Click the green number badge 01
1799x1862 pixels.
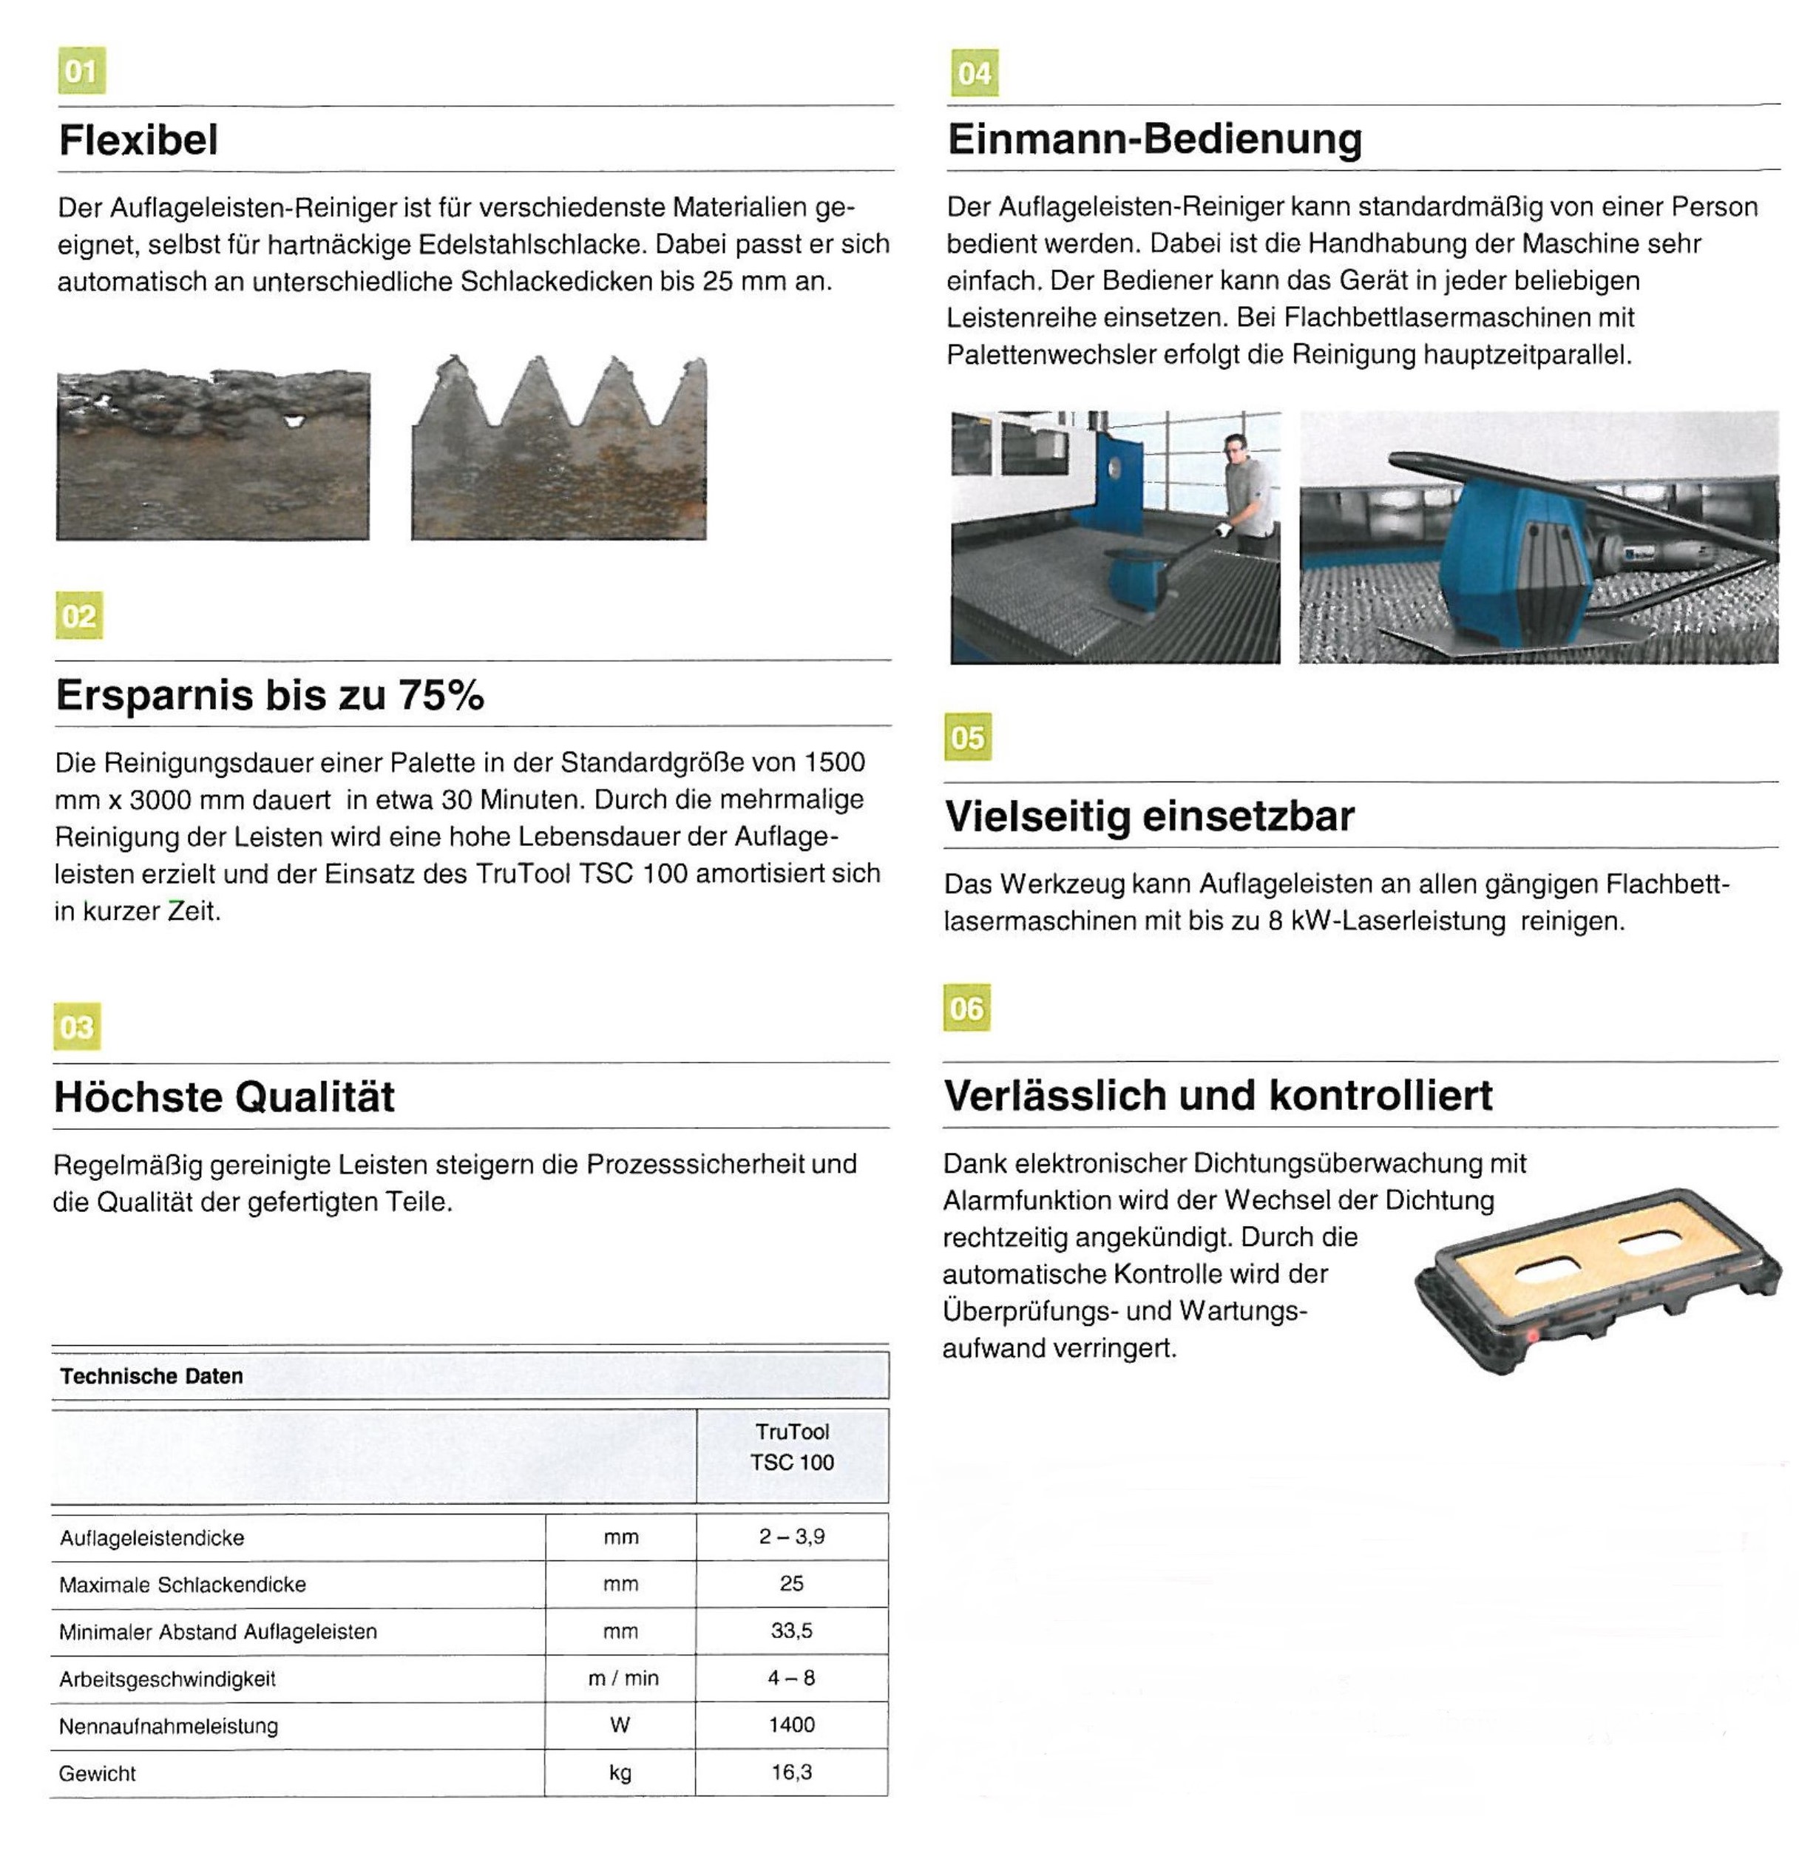(x=81, y=70)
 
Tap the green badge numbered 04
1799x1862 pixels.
(x=974, y=73)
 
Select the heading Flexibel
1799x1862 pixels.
(x=139, y=140)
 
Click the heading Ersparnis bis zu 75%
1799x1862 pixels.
(x=270, y=694)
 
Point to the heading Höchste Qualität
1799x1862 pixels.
(x=224, y=1097)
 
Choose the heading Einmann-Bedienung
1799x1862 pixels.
(x=1154, y=139)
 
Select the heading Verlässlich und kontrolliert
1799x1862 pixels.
(x=1218, y=1094)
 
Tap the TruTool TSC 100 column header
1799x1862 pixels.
(x=792, y=1447)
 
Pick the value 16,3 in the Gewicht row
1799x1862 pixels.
(x=792, y=1772)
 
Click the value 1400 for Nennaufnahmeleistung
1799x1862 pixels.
(x=792, y=1724)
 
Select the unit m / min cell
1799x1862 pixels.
(x=622, y=1678)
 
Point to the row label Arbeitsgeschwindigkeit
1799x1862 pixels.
(x=167, y=1679)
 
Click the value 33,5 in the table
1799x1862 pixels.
(x=792, y=1631)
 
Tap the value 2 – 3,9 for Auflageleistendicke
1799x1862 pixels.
(x=792, y=1536)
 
